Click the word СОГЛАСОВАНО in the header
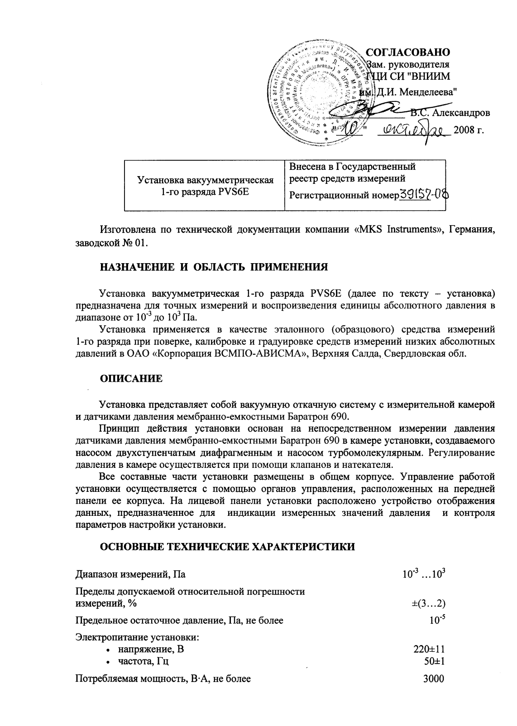pyautogui.click(x=407, y=52)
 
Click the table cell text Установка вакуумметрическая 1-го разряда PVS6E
pyautogui.click(x=205, y=185)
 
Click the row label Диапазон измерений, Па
pyautogui.click(x=130, y=575)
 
